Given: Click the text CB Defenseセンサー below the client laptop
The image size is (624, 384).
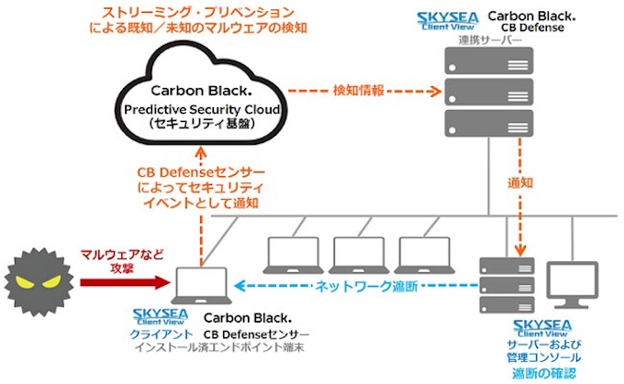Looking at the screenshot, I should coord(256,335).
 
